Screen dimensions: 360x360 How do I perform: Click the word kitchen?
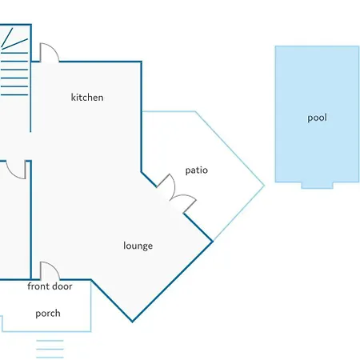pos(87,98)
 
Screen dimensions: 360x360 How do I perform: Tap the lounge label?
pos(138,246)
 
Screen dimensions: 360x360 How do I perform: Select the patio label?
pos(197,170)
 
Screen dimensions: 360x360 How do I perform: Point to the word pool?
pos(317,118)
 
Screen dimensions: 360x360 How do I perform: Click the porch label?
pos(48,314)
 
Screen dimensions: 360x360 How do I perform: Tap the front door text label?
pos(50,286)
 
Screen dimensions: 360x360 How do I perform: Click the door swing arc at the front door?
pos(54,266)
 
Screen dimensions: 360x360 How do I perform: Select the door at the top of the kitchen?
pos(50,53)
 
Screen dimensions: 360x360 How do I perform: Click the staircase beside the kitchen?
pos(14,62)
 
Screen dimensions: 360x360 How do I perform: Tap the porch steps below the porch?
pos(50,349)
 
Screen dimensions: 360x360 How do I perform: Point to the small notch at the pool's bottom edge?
pos(317,186)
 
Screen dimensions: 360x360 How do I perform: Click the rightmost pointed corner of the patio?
pos(264,186)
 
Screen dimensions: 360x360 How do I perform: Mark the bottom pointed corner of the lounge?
pos(132,322)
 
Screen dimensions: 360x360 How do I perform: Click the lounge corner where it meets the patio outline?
pos(213,242)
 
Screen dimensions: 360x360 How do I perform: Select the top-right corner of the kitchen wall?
pos(141,62)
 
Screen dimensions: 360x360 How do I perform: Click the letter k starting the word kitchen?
pos(73,98)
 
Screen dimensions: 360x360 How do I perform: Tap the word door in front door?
pos(62,286)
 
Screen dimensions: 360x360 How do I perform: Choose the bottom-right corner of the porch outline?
pos(91,331)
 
